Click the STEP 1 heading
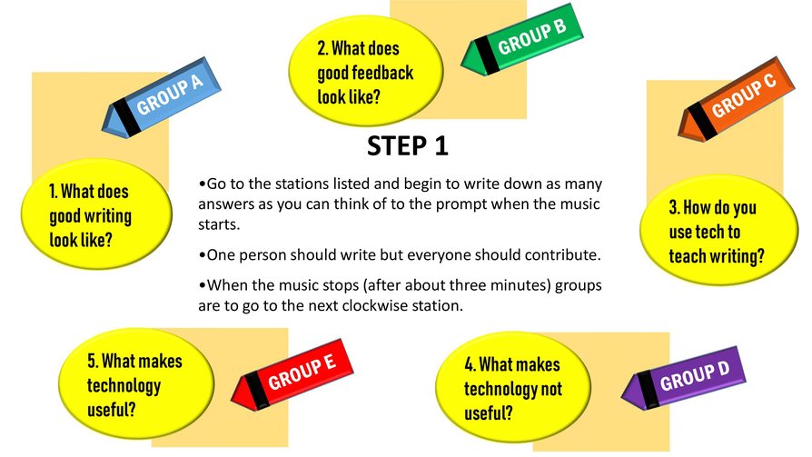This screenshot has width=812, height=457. pyautogui.click(x=408, y=145)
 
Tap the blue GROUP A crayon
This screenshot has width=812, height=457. pyautogui.click(x=161, y=98)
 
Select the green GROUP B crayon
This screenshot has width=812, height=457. pyautogui.click(x=522, y=40)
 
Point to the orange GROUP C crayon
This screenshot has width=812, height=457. pyautogui.click(x=736, y=99)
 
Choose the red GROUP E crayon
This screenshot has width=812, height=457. pyautogui.click(x=292, y=375)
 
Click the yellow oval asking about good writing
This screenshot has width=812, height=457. pyautogui.click(x=96, y=214)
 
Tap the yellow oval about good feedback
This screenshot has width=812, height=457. pyautogui.click(x=365, y=71)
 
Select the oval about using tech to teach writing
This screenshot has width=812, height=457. pyautogui.click(x=718, y=231)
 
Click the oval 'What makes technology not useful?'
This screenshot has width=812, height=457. pyautogui.click(x=512, y=388)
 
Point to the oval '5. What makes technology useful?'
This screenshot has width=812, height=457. pyautogui.click(x=135, y=384)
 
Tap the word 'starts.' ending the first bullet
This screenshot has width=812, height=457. pyautogui.click(x=219, y=225)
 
